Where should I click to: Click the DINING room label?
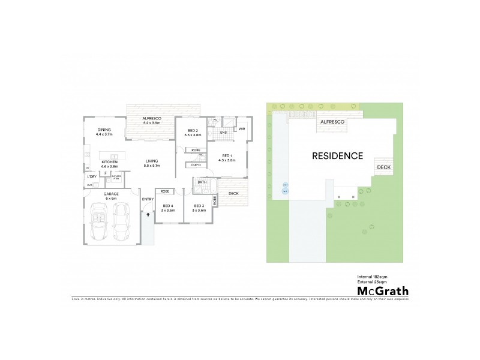[x=104, y=130]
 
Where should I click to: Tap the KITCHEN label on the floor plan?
[x=109, y=162]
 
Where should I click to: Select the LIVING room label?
[x=151, y=161]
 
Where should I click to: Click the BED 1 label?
[x=226, y=155]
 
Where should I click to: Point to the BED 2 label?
[x=192, y=131]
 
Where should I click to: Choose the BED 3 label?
[x=199, y=206]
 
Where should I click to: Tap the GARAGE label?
[x=110, y=194]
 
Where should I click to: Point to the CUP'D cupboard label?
[x=195, y=165]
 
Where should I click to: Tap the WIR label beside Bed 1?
[x=241, y=128]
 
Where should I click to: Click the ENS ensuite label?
[x=223, y=132]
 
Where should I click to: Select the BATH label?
[x=202, y=182]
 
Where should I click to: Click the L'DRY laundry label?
[x=92, y=176]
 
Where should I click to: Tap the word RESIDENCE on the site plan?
[x=338, y=155]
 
